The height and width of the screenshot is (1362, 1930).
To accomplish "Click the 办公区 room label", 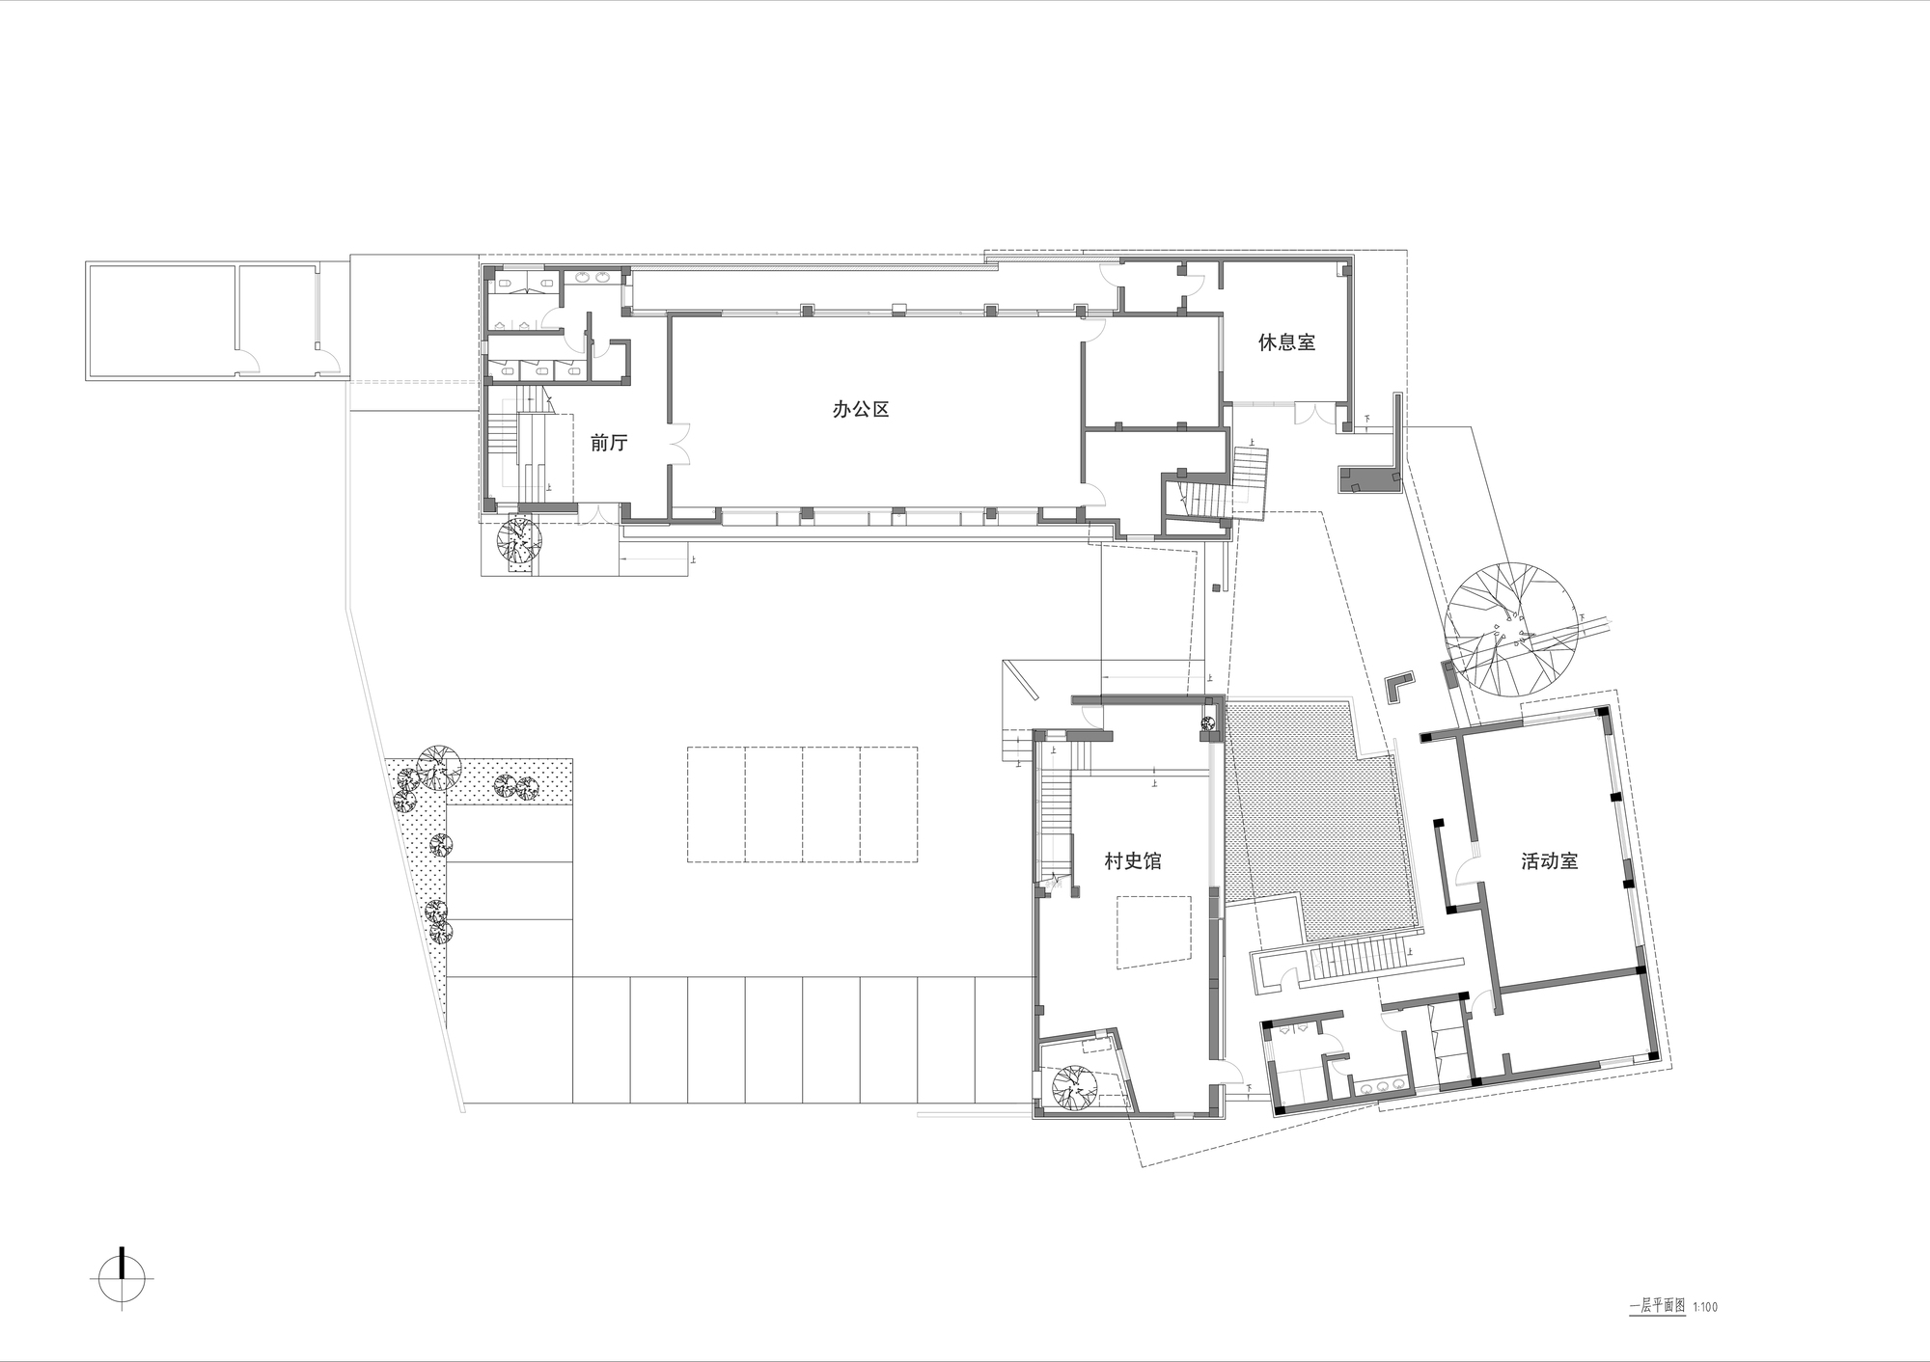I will click(861, 409).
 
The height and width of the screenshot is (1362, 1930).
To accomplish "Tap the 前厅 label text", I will click(609, 443).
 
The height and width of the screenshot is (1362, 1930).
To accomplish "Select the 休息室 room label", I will click(1286, 341).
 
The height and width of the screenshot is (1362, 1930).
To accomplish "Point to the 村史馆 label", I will click(1133, 860).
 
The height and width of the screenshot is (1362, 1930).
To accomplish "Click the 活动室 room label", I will click(1549, 861).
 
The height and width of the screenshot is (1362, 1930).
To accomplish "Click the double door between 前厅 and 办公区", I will click(679, 443).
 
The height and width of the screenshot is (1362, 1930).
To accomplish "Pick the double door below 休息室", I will click(1309, 413).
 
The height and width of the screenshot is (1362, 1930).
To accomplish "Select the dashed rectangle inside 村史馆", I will click(1154, 931).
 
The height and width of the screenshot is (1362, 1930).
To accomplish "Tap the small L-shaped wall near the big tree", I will click(1397, 687).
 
